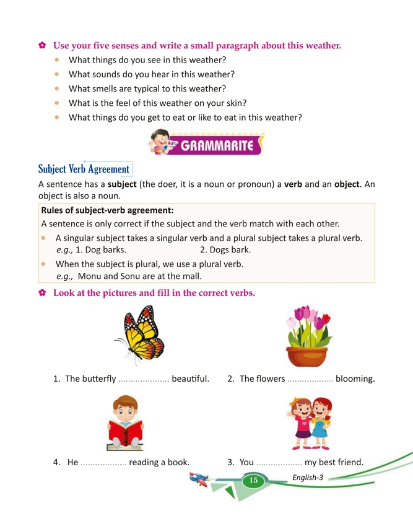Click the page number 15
click(x=253, y=481)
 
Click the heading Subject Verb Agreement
click(x=84, y=169)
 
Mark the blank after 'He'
click(x=103, y=462)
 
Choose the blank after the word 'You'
click(x=279, y=462)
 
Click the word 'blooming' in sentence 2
click(x=354, y=379)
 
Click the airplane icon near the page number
click(x=202, y=479)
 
